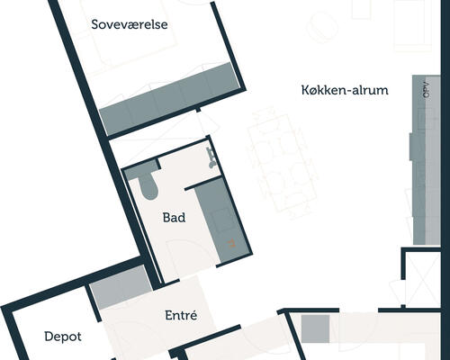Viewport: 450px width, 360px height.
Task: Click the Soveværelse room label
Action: pos(130,24)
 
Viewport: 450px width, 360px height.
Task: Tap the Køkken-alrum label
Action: pos(345,90)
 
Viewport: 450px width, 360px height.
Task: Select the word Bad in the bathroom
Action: pos(174,218)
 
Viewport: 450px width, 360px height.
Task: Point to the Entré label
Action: pos(181,315)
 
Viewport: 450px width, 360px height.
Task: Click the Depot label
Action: pos(63,337)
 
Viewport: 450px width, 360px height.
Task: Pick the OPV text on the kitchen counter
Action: pos(427,89)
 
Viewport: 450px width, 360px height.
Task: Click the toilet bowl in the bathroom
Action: pos(148,187)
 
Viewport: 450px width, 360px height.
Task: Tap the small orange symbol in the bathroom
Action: pos(231,244)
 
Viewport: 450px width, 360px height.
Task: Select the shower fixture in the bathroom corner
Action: pos(212,157)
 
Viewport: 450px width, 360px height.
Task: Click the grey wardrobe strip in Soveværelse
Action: pos(169,99)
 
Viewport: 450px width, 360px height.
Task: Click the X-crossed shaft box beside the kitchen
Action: pos(422,278)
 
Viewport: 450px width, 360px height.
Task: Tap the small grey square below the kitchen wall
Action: pos(315,328)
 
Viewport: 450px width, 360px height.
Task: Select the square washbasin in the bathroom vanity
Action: pos(222,220)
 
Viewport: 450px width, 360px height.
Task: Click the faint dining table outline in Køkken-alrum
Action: pos(281,162)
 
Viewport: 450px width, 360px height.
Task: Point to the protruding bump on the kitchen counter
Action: pos(411,146)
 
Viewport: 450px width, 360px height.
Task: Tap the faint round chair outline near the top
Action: pos(322,27)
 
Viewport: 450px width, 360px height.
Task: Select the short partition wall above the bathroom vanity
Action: pos(203,184)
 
